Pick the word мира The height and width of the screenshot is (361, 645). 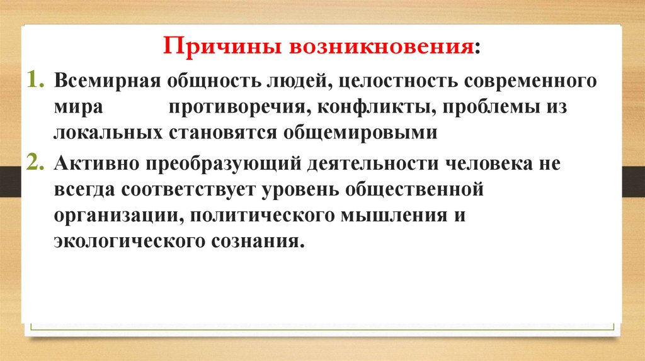tap(78, 108)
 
